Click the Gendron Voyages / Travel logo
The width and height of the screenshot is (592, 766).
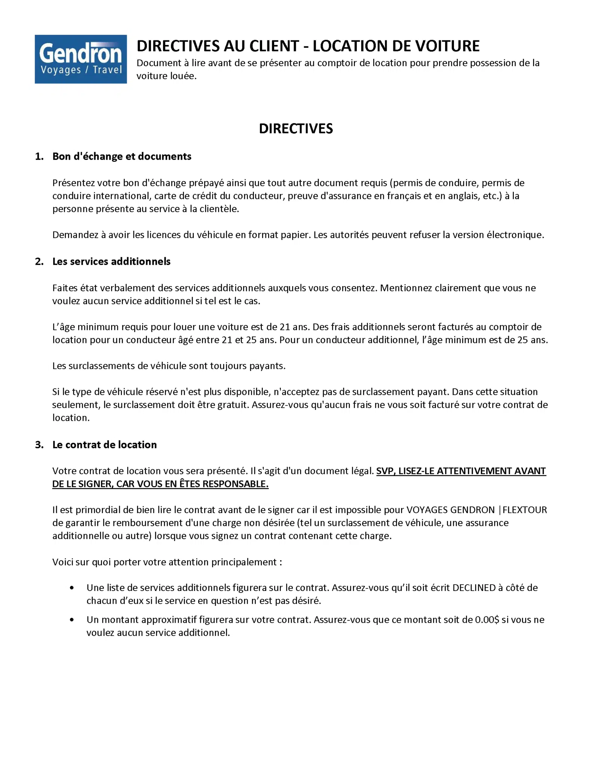point(80,59)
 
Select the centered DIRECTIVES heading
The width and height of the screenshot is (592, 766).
point(296,129)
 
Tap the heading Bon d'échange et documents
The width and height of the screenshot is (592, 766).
point(122,156)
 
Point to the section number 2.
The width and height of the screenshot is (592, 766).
point(39,261)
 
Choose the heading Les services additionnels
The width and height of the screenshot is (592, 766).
point(111,261)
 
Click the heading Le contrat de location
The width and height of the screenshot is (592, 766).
point(104,445)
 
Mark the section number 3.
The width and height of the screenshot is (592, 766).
point(39,445)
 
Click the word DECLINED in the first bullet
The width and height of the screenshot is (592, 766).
point(474,588)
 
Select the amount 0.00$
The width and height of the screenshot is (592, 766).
point(487,620)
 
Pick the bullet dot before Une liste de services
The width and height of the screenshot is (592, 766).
point(71,588)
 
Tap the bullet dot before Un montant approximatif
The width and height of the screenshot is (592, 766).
point(71,620)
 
